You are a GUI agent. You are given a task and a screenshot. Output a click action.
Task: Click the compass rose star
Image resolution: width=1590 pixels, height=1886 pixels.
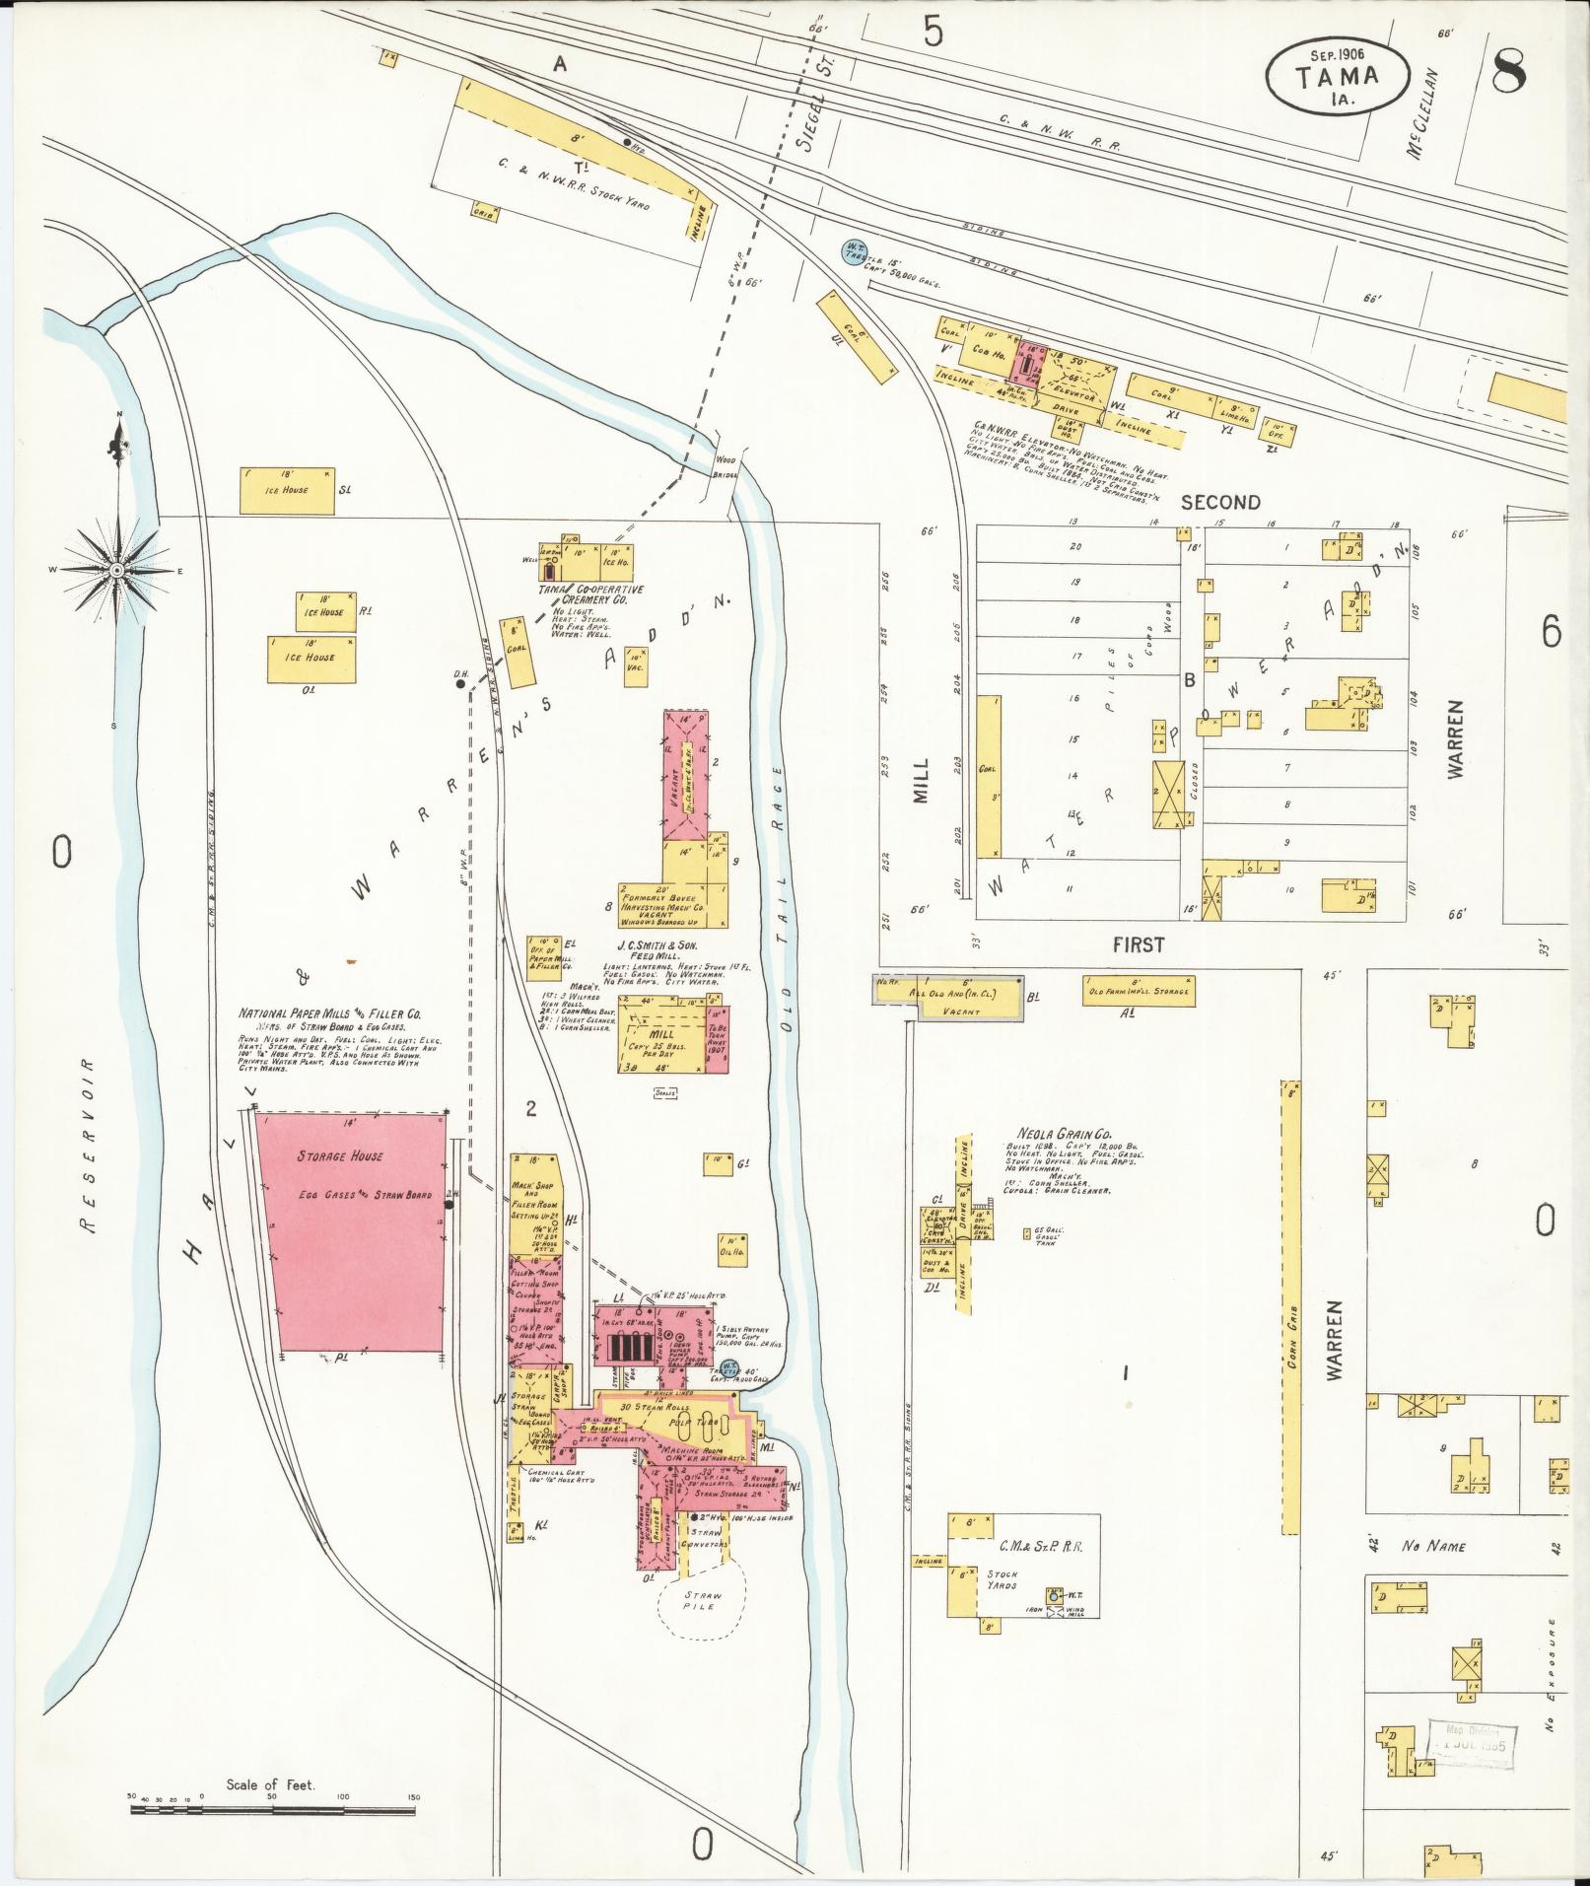116,570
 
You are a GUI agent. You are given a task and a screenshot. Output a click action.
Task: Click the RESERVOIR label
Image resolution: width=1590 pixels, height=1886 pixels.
91,1145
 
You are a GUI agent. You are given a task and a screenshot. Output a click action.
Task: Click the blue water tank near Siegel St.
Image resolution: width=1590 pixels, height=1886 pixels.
850,252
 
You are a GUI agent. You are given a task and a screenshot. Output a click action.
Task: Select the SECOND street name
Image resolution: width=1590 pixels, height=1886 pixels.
1220,502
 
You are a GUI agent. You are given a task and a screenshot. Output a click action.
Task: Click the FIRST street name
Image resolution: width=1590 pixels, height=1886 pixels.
1139,944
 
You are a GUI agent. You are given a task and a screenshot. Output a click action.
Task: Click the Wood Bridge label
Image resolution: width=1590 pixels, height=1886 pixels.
726,466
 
